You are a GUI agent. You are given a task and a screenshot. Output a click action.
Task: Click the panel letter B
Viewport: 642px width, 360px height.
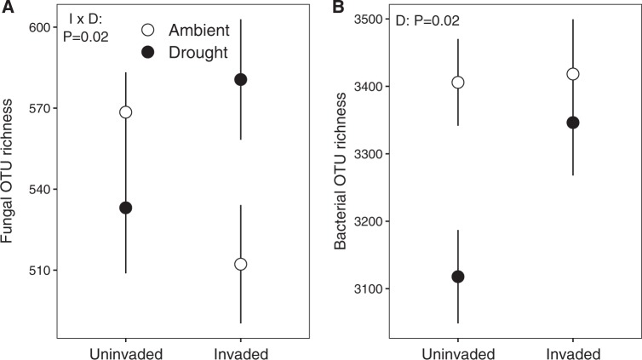[x=337, y=8]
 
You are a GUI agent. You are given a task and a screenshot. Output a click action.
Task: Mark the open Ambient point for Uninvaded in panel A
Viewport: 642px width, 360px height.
[x=126, y=112]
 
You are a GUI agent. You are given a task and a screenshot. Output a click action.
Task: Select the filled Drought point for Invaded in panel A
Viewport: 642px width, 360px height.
[x=240, y=80]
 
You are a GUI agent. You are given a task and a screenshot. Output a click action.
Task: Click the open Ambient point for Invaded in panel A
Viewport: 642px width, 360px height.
[x=240, y=264]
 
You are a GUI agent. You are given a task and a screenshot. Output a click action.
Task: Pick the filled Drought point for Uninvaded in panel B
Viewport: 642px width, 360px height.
[x=458, y=277]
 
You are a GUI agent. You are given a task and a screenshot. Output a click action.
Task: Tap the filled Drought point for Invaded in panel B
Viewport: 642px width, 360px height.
[x=573, y=123]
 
